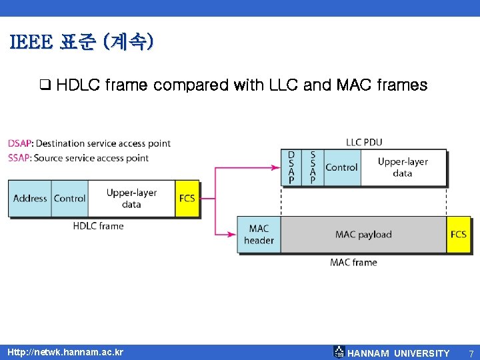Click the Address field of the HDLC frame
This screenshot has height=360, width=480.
[x=30, y=198]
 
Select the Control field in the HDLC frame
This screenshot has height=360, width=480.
[x=70, y=198]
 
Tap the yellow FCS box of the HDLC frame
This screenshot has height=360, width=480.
[x=187, y=198]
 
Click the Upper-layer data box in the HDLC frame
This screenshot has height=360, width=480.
[x=131, y=198]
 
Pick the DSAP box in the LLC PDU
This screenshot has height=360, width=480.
[x=291, y=167]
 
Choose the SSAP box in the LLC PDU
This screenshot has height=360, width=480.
[x=313, y=167]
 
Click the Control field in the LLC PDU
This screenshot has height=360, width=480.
[x=341, y=167]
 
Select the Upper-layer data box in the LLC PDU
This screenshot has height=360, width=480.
[x=403, y=167]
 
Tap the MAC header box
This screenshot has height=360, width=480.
[x=259, y=234]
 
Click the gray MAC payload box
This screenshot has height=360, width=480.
[x=363, y=234]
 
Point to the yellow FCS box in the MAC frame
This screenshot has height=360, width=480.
[x=459, y=234]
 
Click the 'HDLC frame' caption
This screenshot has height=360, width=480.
[x=98, y=226]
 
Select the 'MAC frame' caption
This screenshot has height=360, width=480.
[x=353, y=262]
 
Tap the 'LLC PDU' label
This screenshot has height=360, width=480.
[x=364, y=142]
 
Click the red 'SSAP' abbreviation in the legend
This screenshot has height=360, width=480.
[x=19, y=158]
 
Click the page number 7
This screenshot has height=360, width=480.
[x=471, y=353]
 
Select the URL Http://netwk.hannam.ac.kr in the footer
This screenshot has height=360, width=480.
[x=65, y=352]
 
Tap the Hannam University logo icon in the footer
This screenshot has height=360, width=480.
[x=339, y=352]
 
